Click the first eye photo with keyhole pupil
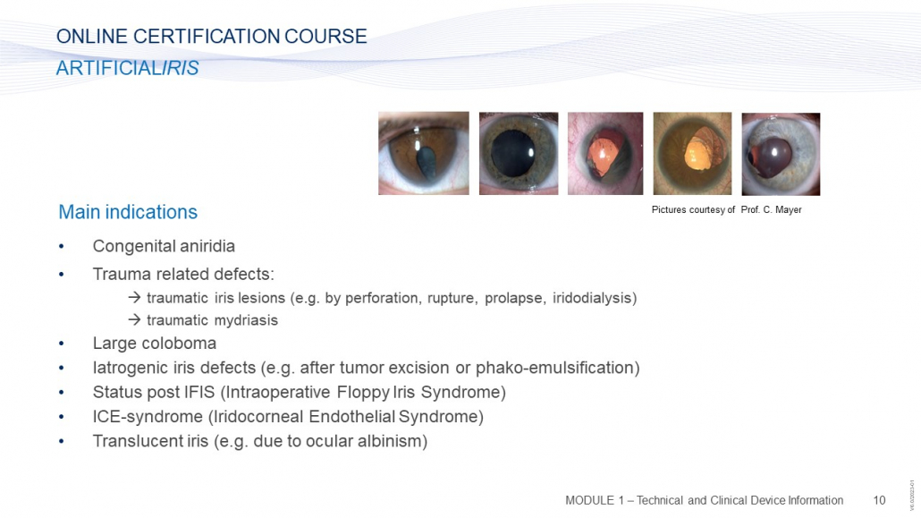tap(424, 154)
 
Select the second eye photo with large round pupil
tap(519, 154)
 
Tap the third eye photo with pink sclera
tap(605, 154)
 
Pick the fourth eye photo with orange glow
tap(692, 154)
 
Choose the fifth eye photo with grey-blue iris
tap(781, 154)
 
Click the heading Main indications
tap(128, 212)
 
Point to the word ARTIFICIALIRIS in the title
tap(128, 68)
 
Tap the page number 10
tap(879, 500)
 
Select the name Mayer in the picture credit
tap(788, 210)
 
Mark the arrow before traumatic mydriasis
tap(134, 319)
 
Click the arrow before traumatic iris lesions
tap(134, 298)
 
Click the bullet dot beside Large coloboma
tap(61, 344)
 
